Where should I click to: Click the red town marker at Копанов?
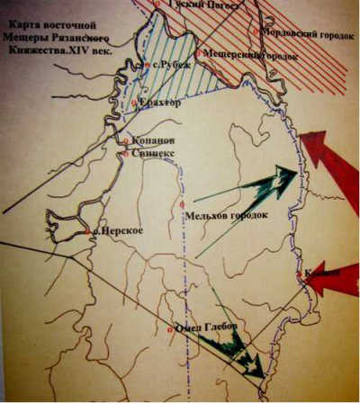(127, 141)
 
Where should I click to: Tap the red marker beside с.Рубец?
(147, 65)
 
